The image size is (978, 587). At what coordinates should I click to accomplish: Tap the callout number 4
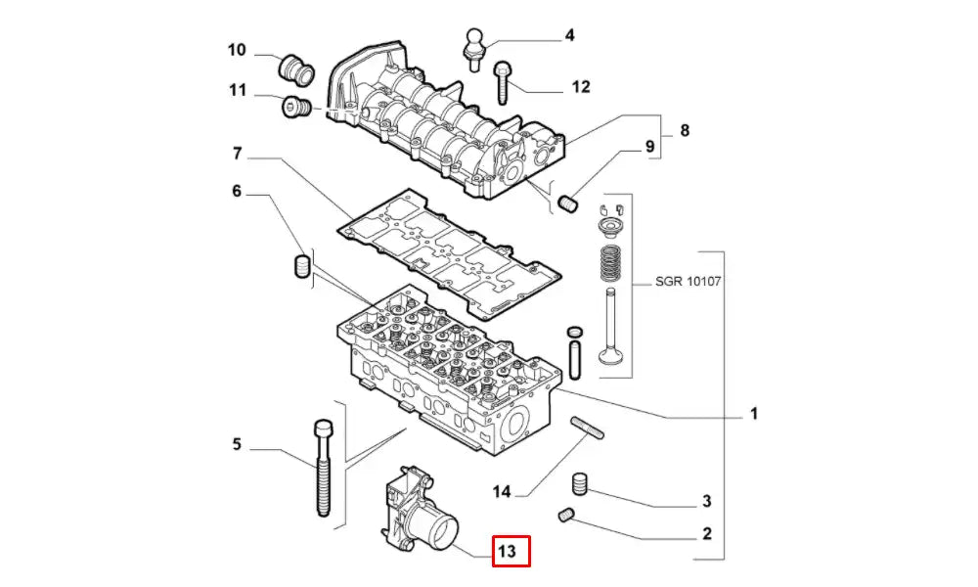568,36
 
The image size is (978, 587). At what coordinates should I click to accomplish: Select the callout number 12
581,87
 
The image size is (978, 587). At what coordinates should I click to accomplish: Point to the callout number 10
238,50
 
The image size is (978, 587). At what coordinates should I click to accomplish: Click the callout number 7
237,154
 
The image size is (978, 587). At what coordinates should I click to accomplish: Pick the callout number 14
503,491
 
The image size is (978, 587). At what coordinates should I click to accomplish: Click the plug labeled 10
294,68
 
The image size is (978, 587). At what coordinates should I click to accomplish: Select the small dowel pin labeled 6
302,265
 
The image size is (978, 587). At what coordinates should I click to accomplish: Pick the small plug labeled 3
581,483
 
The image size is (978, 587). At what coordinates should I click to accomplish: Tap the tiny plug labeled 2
566,515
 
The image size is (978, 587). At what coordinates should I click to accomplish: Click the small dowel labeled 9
569,203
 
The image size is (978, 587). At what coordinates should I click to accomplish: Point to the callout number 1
753,415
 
